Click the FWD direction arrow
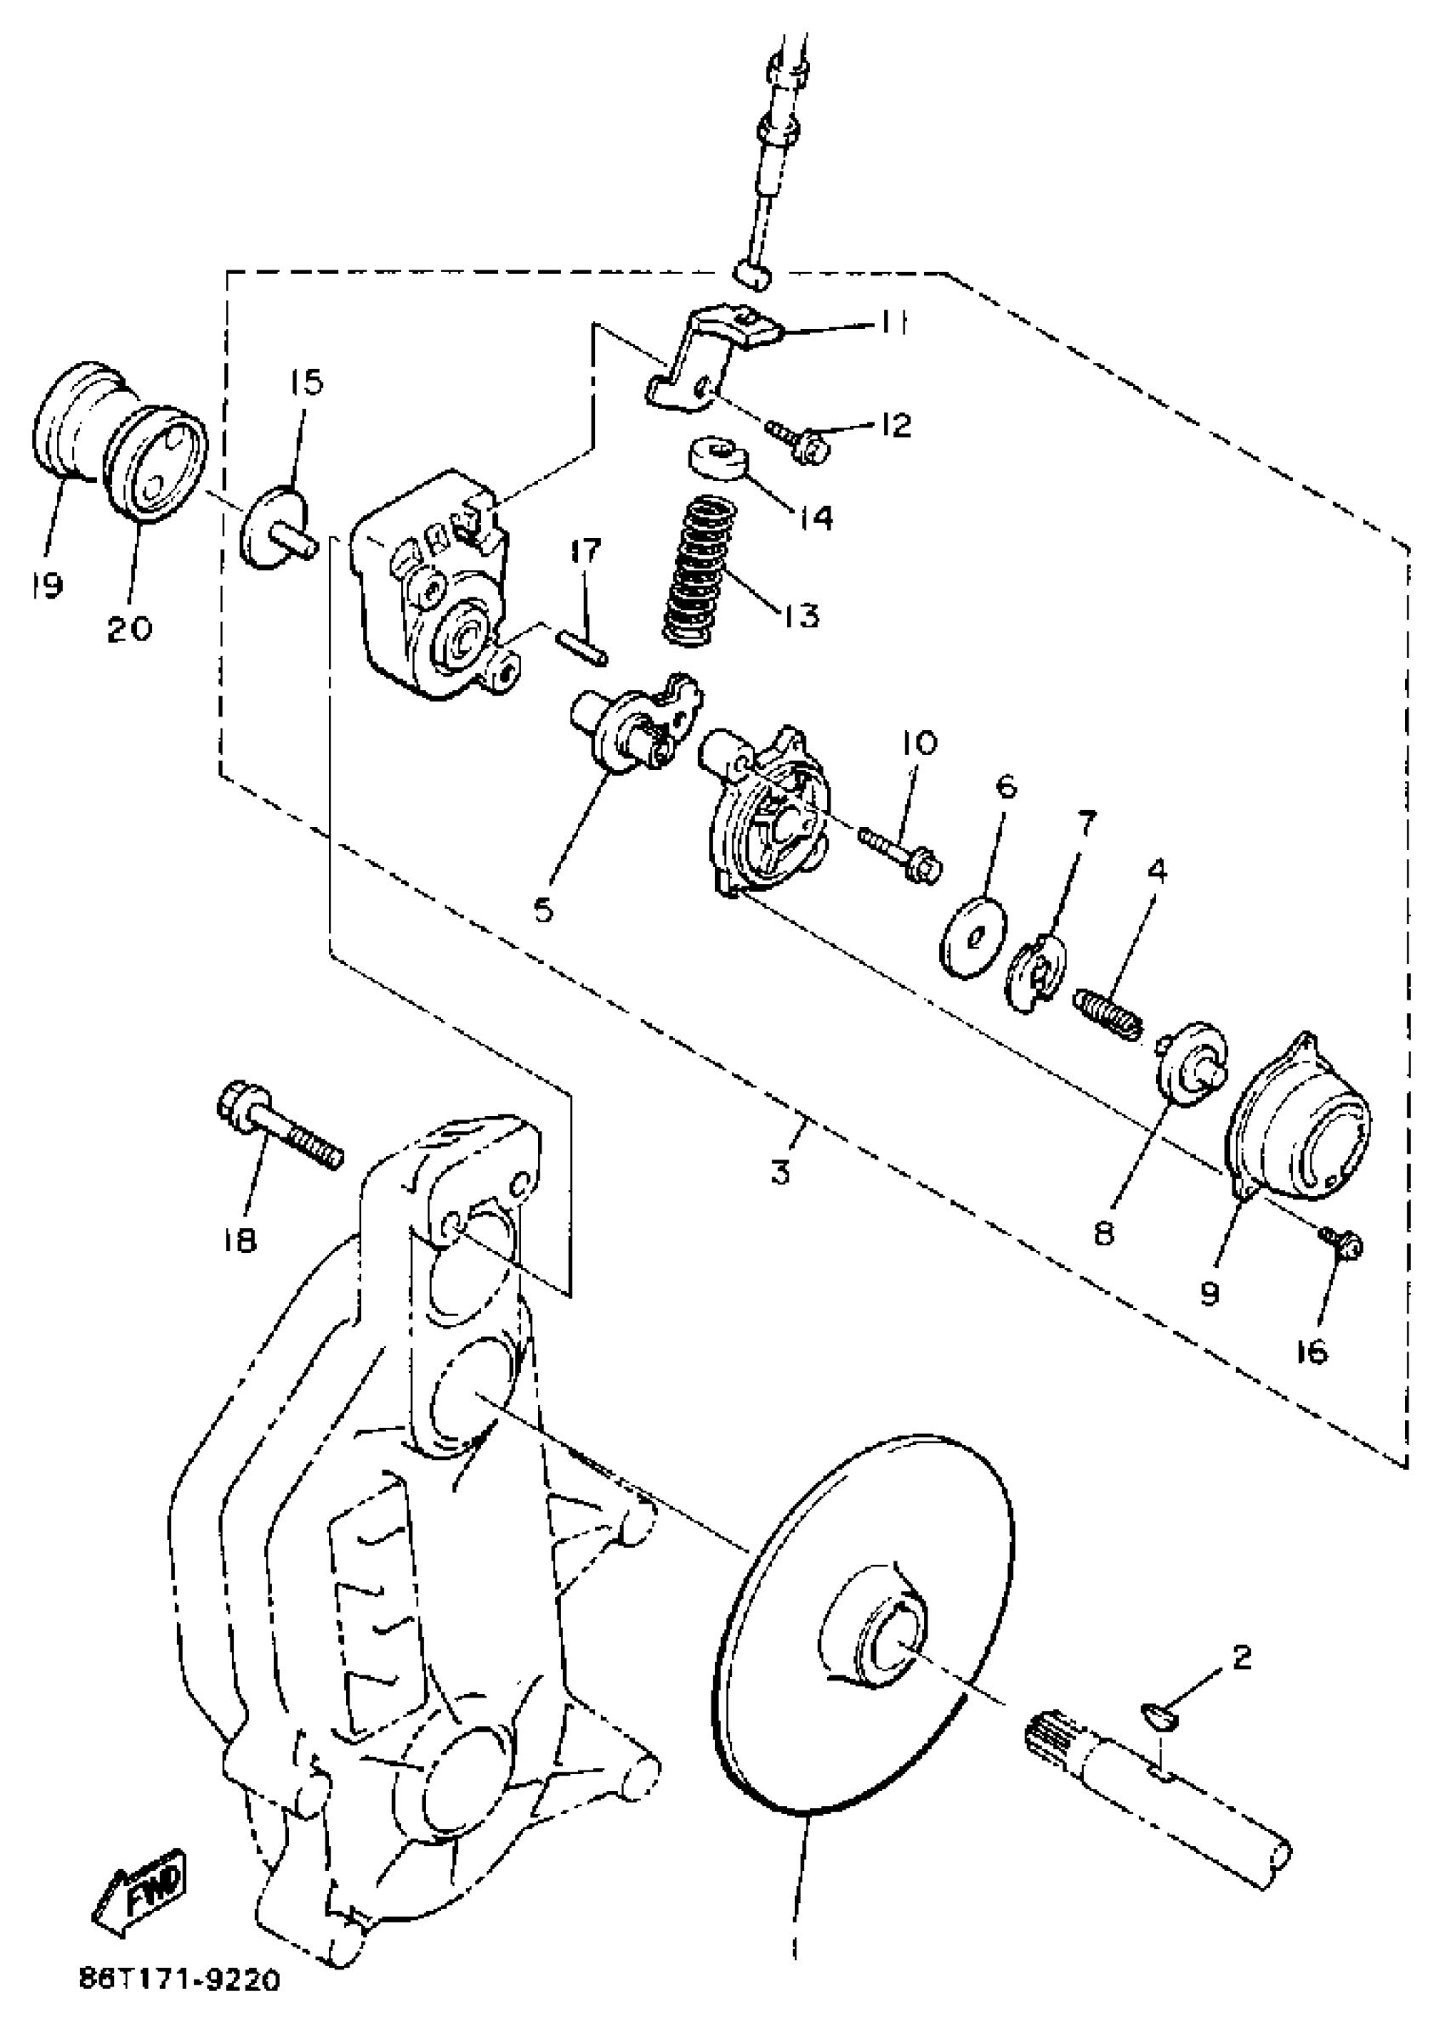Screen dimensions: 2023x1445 pyautogui.click(x=141, y=1894)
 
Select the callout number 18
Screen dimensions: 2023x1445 pyautogui.click(x=241, y=1238)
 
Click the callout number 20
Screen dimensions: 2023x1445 pyautogui.click(x=130, y=629)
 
